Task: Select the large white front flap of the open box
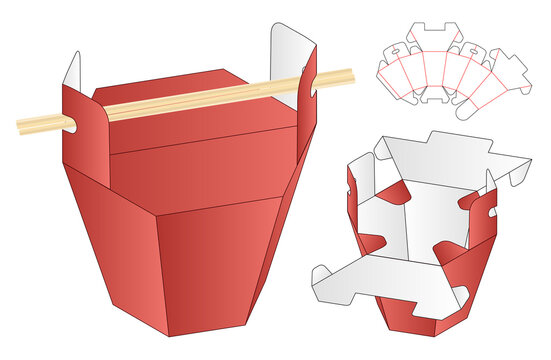(390, 280)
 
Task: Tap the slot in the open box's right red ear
(490, 211)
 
